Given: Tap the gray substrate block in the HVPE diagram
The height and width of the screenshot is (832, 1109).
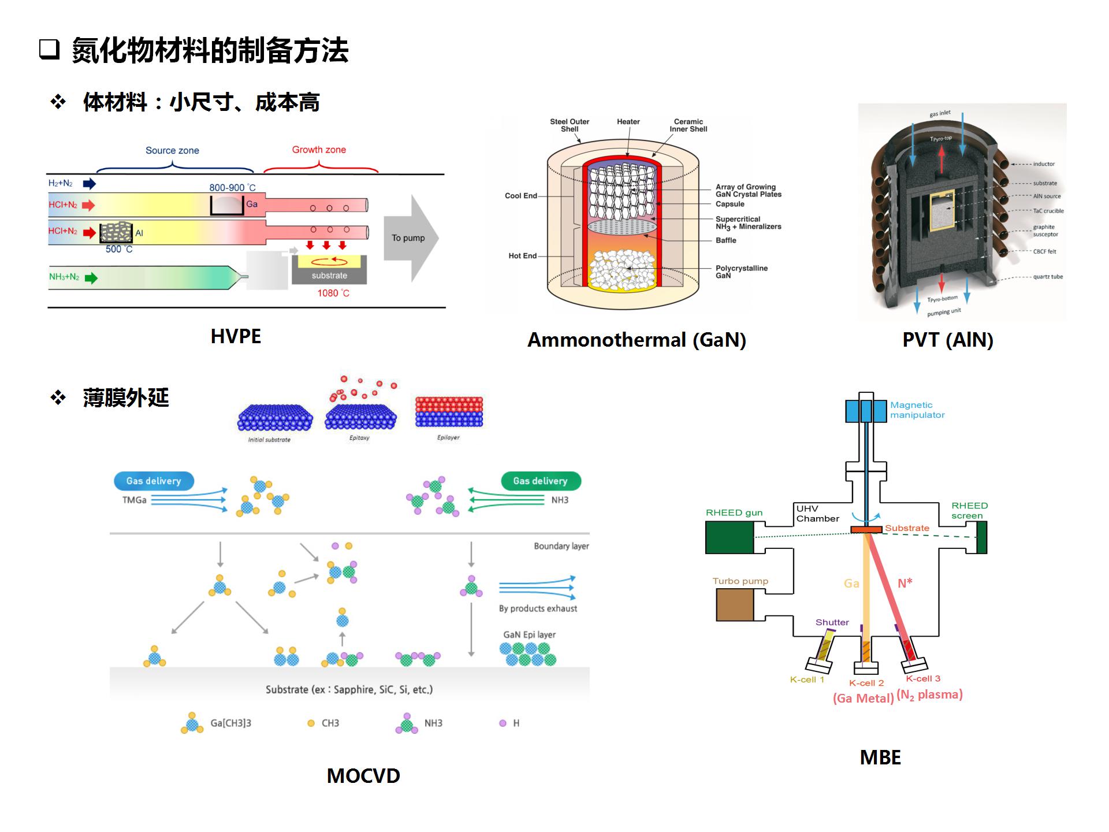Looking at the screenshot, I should point(329,276).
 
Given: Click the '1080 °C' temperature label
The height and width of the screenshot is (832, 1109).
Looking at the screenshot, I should point(333,294).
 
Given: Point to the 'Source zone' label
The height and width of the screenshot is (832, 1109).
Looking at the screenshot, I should point(172,151).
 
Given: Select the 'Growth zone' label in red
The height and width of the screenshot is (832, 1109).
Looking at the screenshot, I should point(319,150).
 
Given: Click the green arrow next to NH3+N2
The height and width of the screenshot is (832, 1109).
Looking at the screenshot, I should point(91,278).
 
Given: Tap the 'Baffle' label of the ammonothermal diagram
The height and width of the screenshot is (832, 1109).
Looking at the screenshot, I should point(726,240).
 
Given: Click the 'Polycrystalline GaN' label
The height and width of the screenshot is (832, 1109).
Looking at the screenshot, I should point(741,272).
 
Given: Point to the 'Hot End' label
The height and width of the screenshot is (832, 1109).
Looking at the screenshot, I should point(522,256).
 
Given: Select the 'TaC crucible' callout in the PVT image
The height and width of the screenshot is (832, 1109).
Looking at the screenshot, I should point(1048,211).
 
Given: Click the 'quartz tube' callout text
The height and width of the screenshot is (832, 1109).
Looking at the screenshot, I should point(1048,277).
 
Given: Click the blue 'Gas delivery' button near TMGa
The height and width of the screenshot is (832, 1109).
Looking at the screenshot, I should point(154,481).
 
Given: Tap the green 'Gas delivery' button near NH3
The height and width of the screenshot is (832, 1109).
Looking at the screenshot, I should point(541,481).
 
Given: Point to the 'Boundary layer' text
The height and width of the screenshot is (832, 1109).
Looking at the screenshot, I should point(561,546).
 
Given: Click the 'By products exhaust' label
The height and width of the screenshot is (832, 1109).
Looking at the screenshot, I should point(538,608).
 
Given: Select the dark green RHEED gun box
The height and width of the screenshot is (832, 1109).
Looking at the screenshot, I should point(730,537).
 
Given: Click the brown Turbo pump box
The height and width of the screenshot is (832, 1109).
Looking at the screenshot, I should point(735,605).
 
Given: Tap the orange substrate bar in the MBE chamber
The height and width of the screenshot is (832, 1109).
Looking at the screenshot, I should point(866,529).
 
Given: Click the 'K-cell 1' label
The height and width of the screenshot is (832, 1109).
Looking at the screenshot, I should point(807,679).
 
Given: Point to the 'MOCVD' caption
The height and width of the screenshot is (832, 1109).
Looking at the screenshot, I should point(363,776).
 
